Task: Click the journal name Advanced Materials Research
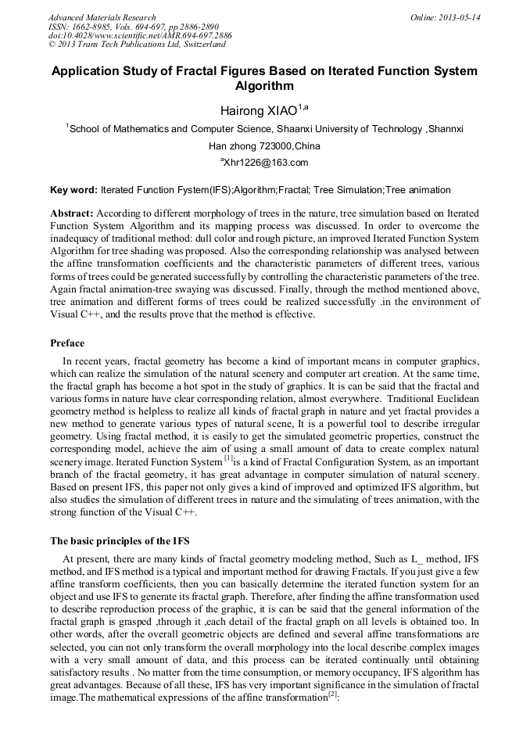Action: (102, 17)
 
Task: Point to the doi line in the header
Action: (140, 36)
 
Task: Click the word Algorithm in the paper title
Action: (264, 86)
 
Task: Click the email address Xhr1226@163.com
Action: (266, 163)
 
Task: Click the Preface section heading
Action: (67, 343)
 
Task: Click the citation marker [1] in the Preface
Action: (228, 459)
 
